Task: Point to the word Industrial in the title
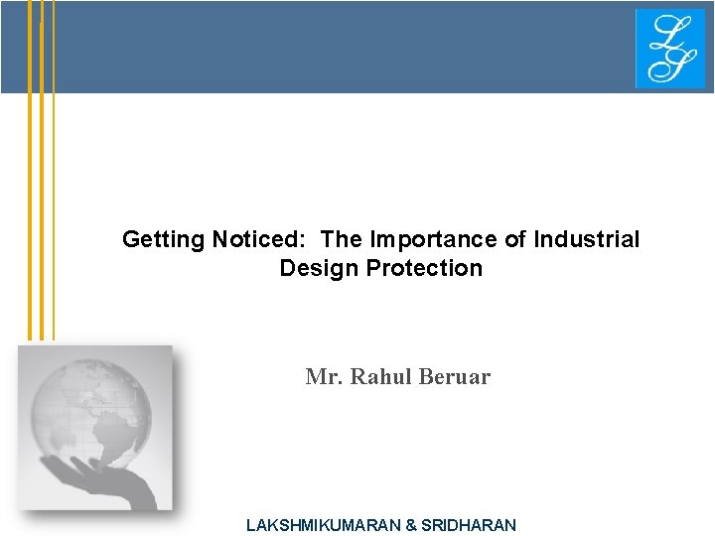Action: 587,240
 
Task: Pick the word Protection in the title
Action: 424,268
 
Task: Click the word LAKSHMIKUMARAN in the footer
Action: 323,525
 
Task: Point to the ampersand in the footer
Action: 411,525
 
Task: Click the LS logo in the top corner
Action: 669,49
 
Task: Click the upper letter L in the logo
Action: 662,33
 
